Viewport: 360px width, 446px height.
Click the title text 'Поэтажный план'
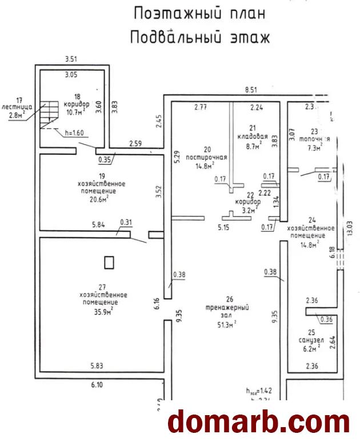click(191, 13)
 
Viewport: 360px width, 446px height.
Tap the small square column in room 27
click(109, 262)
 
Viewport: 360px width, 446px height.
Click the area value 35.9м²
click(103, 311)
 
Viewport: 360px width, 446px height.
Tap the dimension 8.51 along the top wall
click(251, 90)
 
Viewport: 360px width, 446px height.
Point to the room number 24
click(311, 219)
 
